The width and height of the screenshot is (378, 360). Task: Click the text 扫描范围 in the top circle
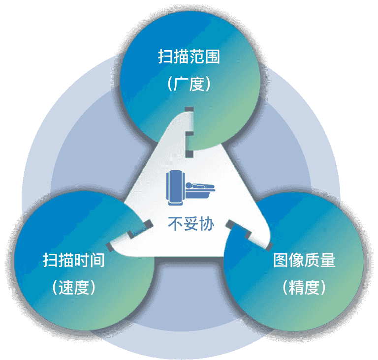click(x=189, y=57)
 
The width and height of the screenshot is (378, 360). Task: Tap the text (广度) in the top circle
click(x=189, y=84)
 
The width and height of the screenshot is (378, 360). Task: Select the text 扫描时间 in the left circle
click(x=74, y=260)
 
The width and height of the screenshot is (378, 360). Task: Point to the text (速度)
click(x=74, y=287)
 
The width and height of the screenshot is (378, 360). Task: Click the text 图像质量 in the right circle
click(x=304, y=260)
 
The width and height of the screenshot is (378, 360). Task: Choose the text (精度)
click(x=304, y=287)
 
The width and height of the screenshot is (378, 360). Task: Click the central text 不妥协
click(x=191, y=224)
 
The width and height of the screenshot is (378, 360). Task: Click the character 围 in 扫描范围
click(x=213, y=57)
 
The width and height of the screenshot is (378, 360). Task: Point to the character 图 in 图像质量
click(x=281, y=260)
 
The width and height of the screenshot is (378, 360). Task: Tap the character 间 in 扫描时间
click(x=97, y=260)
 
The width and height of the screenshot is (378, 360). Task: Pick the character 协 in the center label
click(x=207, y=224)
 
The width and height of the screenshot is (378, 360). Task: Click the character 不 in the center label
click(x=176, y=224)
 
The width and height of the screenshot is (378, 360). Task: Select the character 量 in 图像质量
click(x=328, y=260)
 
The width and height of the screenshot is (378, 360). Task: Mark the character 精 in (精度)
click(x=296, y=287)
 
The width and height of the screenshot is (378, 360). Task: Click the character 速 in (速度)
click(x=66, y=287)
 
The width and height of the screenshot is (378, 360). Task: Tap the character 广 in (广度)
click(x=181, y=84)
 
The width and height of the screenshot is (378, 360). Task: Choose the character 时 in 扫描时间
click(x=82, y=260)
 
